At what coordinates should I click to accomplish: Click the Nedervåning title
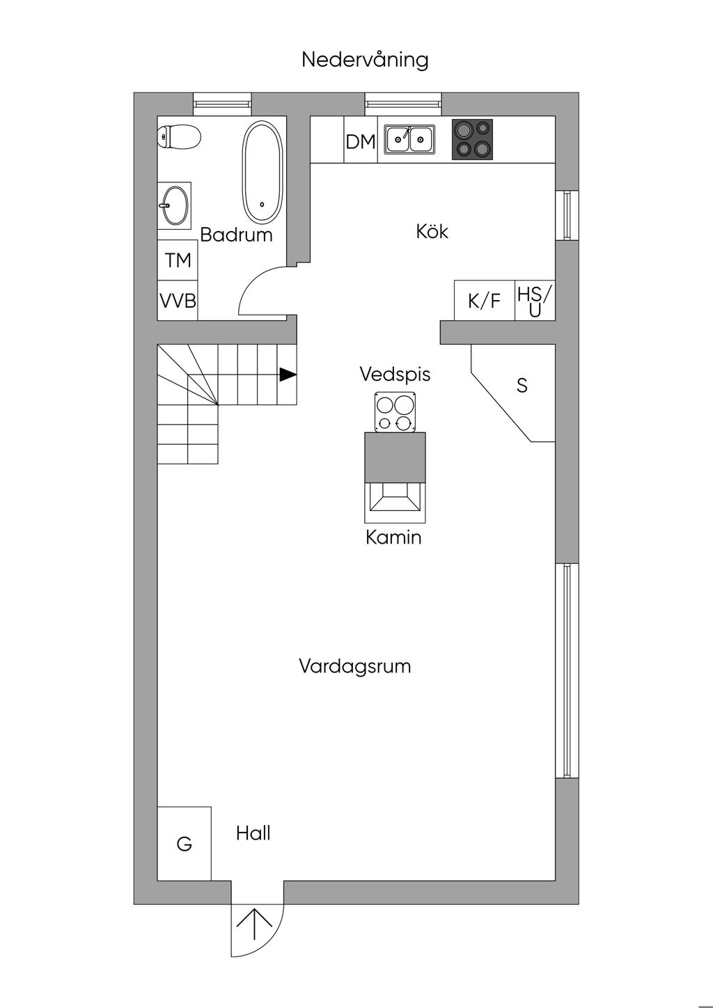pos(365,61)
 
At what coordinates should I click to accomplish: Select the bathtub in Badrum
pos(263,172)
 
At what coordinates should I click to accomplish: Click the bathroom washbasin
pos(175,205)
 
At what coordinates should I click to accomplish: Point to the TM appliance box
pos(178,260)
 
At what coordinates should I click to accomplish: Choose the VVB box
pos(178,301)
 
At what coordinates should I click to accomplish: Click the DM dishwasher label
pos(361,142)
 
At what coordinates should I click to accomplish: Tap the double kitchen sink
pos(409,139)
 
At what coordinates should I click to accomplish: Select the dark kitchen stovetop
pos(472,139)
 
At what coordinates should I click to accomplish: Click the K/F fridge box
pos(485,301)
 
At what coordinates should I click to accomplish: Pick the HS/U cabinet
pos(535,301)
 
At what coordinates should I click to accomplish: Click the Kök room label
pos(432,232)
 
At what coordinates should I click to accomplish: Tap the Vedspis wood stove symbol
pos(395,412)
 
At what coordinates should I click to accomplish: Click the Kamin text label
pos(393,537)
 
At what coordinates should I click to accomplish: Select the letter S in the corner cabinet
pos(522,386)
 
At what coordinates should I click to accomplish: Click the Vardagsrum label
pos(354,666)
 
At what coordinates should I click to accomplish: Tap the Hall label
pos(253,833)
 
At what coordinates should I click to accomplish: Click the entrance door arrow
pos(255,924)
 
